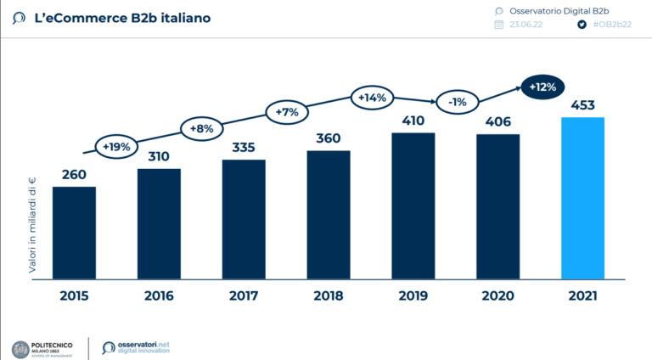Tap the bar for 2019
413,205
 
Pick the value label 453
582,106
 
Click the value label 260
74,175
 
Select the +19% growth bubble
116,146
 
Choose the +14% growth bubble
372,98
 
